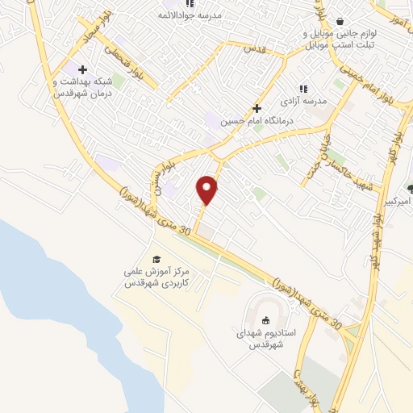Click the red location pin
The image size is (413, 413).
207,190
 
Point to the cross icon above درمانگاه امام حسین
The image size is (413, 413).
257,107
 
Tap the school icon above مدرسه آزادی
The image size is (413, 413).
302,89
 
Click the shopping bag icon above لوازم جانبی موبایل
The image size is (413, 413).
339,21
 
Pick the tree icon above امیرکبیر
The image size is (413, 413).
410,188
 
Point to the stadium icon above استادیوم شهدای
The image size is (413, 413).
266,320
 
